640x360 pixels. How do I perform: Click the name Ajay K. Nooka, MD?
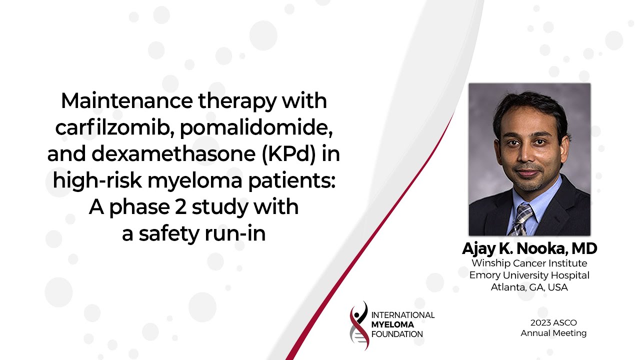[x=529, y=248]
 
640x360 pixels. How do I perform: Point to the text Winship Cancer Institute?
[x=529, y=263]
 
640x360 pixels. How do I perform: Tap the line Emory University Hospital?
[x=529, y=275]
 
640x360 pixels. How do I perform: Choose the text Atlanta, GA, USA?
[x=529, y=287]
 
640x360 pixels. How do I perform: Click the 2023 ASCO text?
[x=553, y=323]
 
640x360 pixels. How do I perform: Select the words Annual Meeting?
[x=553, y=333]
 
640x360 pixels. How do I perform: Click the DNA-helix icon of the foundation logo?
[x=359, y=325]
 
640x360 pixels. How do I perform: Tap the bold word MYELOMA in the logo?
[x=393, y=324]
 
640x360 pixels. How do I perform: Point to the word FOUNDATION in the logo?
[x=397, y=334]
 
